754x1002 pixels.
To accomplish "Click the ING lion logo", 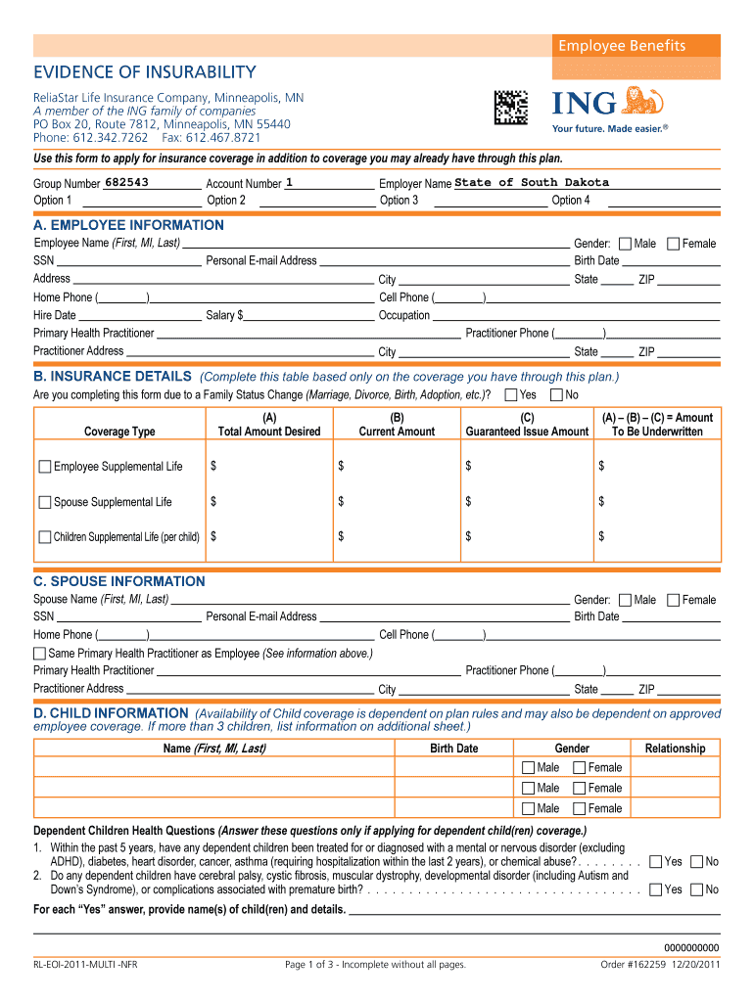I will [x=643, y=101].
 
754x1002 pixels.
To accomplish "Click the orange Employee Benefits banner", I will [x=621, y=46].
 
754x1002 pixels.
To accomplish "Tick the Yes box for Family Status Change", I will [x=511, y=395].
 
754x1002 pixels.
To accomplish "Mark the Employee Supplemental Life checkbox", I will [x=45, y=467].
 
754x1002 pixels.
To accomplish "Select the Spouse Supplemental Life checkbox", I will [x=45, y=502].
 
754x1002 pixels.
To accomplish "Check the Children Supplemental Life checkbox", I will [x=45, y=537].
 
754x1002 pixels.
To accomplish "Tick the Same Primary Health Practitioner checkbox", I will [x=40, y=653].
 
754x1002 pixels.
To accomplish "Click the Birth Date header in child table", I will [x=454, y=749].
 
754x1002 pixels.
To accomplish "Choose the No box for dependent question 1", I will [x=696, y=862].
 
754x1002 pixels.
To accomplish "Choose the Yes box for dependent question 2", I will [x=655, y=889].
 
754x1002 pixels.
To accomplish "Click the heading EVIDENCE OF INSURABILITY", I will [x=145, y=72].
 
